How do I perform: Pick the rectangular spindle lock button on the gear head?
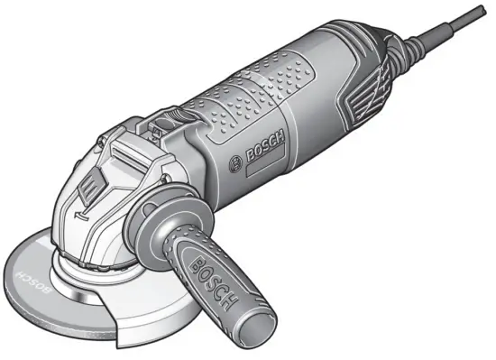coord(87,189)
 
